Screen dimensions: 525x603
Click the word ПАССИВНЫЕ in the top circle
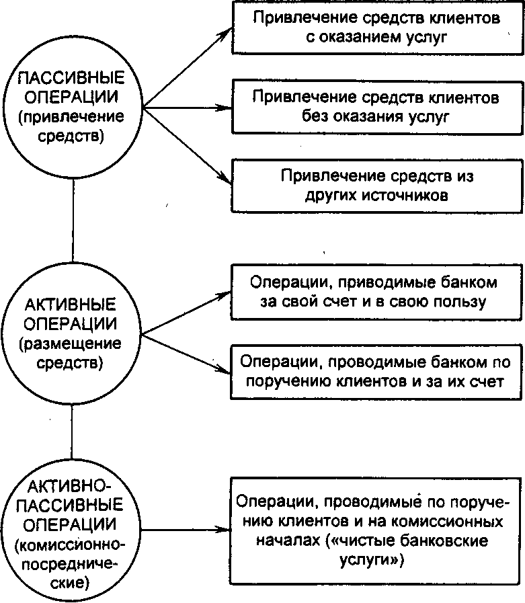point(71,78)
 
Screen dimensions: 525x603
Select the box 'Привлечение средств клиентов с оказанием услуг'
point(377,28)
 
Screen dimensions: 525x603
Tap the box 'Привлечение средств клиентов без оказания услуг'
point(377,108)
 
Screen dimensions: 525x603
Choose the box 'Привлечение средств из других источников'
point(377,186)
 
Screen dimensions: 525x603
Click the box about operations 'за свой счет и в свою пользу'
point(376,292)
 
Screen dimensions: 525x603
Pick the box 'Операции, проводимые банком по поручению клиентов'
point(376,372)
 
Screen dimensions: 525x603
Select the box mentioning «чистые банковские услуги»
point(375,531)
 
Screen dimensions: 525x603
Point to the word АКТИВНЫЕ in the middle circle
point(71,305)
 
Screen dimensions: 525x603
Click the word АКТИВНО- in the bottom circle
point(70,487)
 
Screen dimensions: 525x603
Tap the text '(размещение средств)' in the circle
point(70,353)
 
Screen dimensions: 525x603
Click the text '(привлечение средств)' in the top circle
point(71,126)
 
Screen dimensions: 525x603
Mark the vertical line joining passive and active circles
point(73,220)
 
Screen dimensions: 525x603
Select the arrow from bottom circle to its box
point(186,530)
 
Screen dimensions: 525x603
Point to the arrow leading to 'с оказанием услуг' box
point(188,68)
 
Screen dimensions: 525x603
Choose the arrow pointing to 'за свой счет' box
point(186,313)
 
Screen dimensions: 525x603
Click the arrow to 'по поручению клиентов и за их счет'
point(186,354)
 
